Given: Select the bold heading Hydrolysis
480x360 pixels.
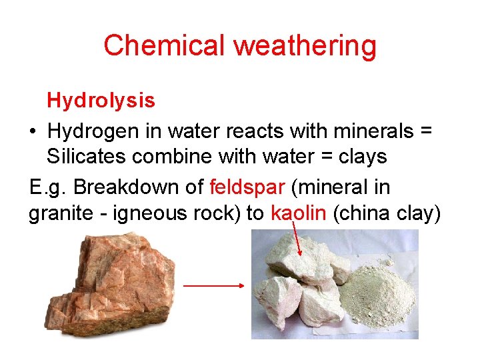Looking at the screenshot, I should click(x=101, y=101).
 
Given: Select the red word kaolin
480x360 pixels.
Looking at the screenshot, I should click(x=299, y=213).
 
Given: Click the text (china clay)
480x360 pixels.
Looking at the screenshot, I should click(x=387, y=213).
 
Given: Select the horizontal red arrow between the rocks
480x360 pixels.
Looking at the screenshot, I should click(x=213, y=285).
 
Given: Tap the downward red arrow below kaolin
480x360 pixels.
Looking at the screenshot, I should click(x=298, y=240).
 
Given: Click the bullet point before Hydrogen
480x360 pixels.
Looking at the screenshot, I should click(x=33, y=132).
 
